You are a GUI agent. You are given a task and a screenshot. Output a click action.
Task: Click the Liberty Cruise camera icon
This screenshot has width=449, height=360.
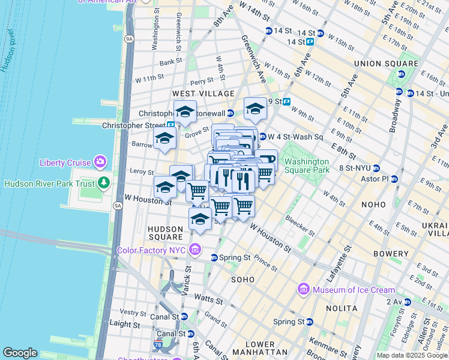click(x=100, y=162)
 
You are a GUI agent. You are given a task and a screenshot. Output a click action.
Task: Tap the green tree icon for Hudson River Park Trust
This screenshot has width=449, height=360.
click(x=105, y=182)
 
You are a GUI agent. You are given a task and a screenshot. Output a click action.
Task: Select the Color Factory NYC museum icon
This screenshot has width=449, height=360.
click(x=194, y=250)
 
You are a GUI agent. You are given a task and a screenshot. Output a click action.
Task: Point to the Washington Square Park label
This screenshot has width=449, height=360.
click(x=307, y=166)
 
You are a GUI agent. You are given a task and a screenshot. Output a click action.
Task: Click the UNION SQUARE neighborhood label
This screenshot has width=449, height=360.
click(x=386, y=64)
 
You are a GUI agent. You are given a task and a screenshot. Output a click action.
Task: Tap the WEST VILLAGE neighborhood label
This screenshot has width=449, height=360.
click(x=203, y=94)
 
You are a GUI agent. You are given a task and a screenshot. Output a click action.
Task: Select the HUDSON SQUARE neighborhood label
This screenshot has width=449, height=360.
click(x=166, y=233)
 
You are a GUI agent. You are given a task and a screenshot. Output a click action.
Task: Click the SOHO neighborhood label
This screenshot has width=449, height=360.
click(x=243, y=279)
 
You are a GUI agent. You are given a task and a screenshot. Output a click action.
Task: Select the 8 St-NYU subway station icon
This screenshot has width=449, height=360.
click(x=376, y=168)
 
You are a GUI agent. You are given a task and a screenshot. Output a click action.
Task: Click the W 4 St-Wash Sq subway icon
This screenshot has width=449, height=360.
click(x=262, y=137)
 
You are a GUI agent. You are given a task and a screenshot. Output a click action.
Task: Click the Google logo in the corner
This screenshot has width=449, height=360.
click(x=20, y=353)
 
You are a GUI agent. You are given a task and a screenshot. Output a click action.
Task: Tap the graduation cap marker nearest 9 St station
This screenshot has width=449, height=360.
click(x=255, y=109)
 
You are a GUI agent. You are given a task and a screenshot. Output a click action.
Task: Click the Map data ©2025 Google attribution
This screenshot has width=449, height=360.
click(x=412, y=355)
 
